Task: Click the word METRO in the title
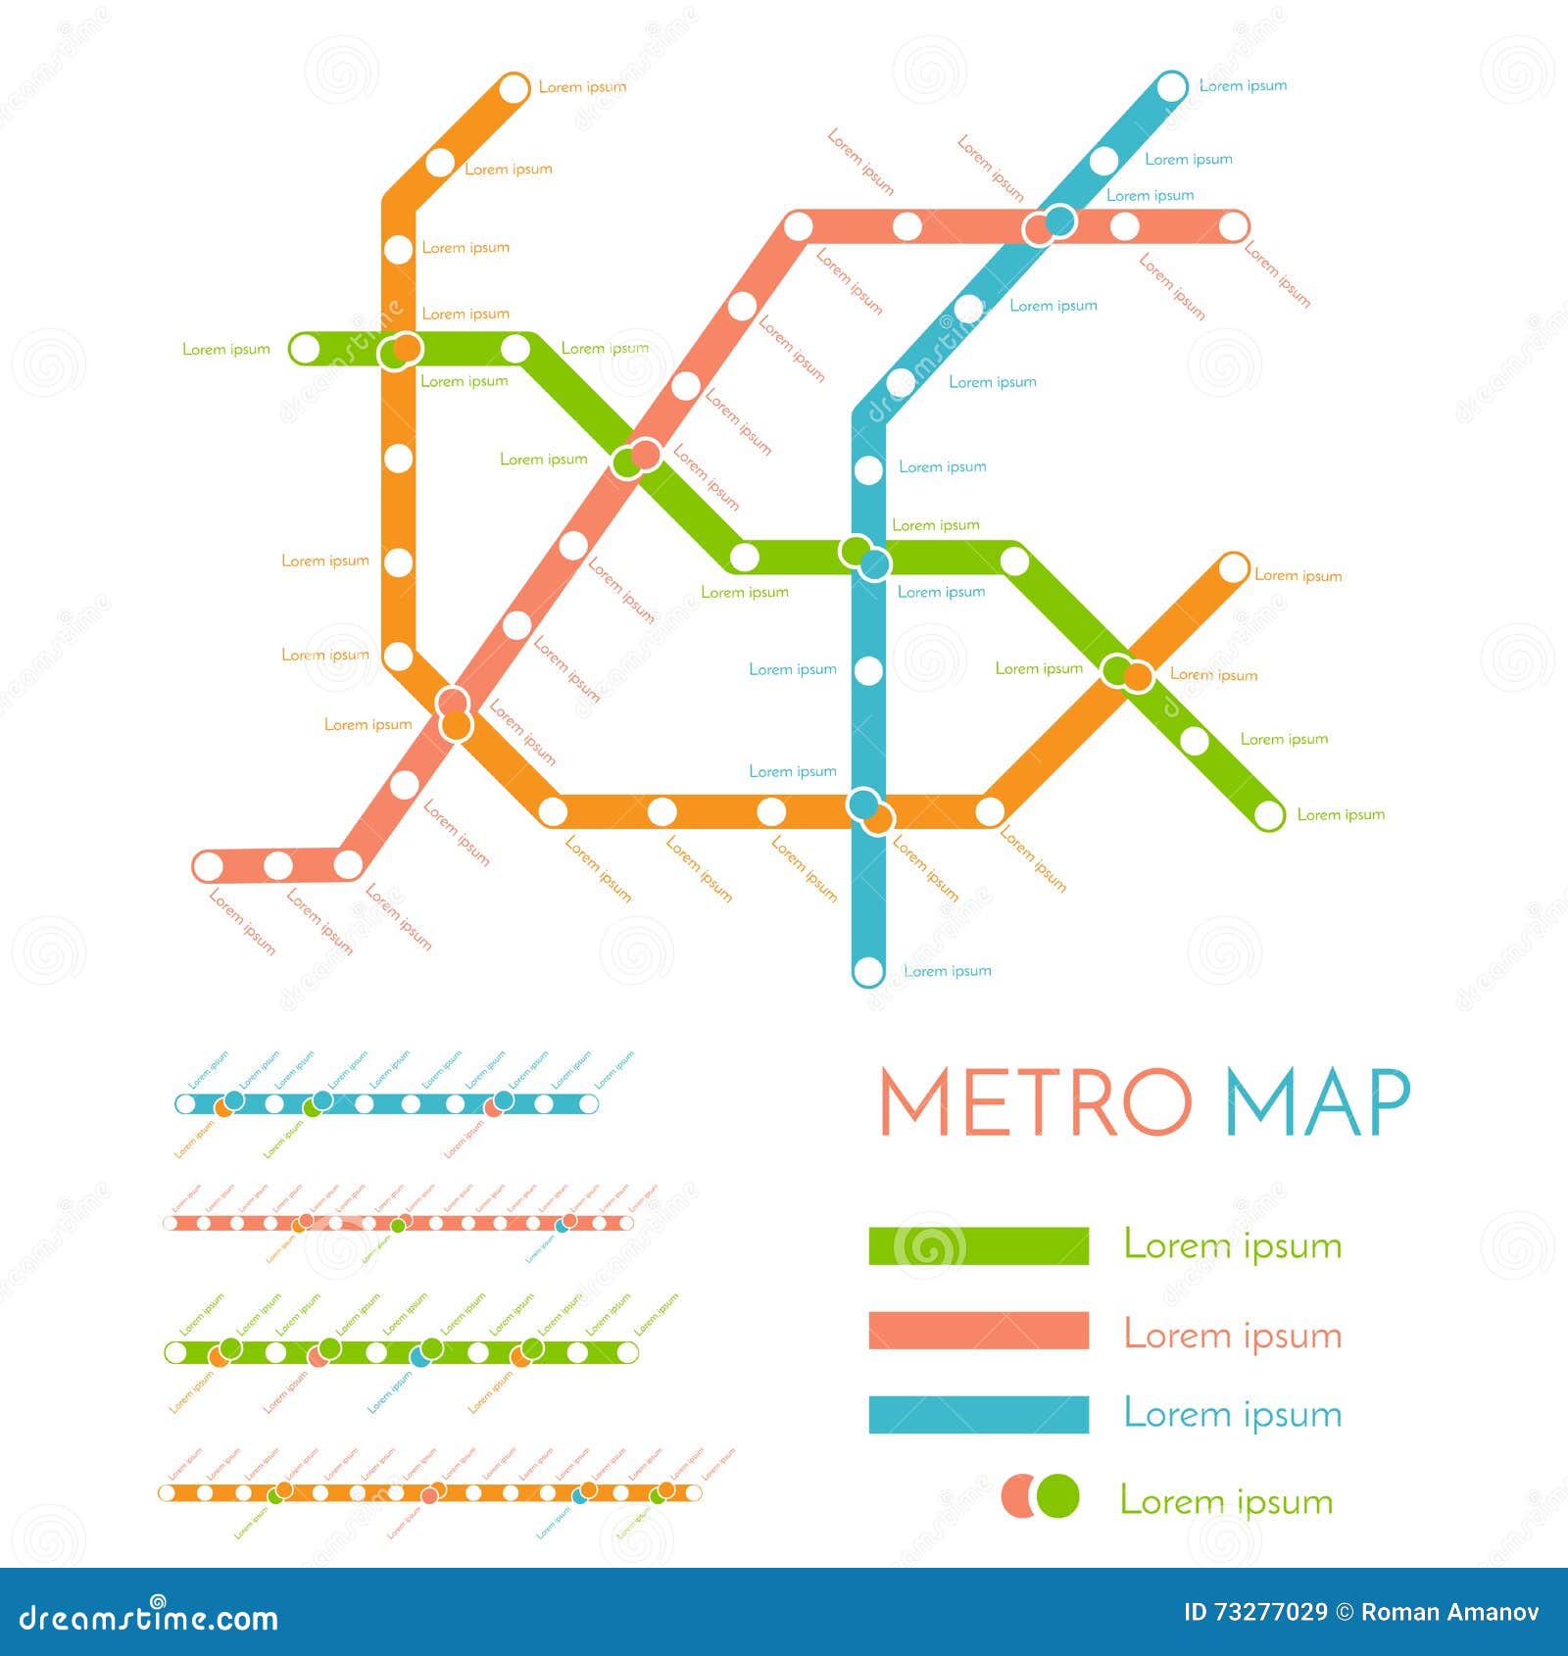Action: (x=1035, y=1101)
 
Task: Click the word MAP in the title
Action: (x=1318, y=1101)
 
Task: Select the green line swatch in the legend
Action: (x=978, y=1245)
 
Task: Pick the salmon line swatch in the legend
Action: (x=978, y=1331)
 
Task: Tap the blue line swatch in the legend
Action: (x=978, y=1414)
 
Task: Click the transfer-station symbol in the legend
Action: (x=1040, y=1496)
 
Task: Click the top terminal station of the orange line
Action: (x=514, y=88)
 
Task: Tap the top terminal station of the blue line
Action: (x=1171, y=87)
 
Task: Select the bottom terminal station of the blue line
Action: (x=868, y=971)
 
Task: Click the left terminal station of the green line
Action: (x=306, y=348)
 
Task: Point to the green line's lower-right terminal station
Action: (x=1269, y=814)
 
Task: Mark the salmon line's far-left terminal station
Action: (x=209, y=866)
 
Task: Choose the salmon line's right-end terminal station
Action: (x=1233, y=227)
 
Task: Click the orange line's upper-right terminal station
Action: (x=1233, y=567)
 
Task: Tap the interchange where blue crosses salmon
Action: (x=1049, y=225)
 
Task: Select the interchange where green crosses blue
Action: (x=864, y=557)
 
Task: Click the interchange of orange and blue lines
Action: (x=870, y=810)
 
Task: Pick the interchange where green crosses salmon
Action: (x=636, y=458)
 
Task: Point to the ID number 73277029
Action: (x=1255, y=1612)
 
